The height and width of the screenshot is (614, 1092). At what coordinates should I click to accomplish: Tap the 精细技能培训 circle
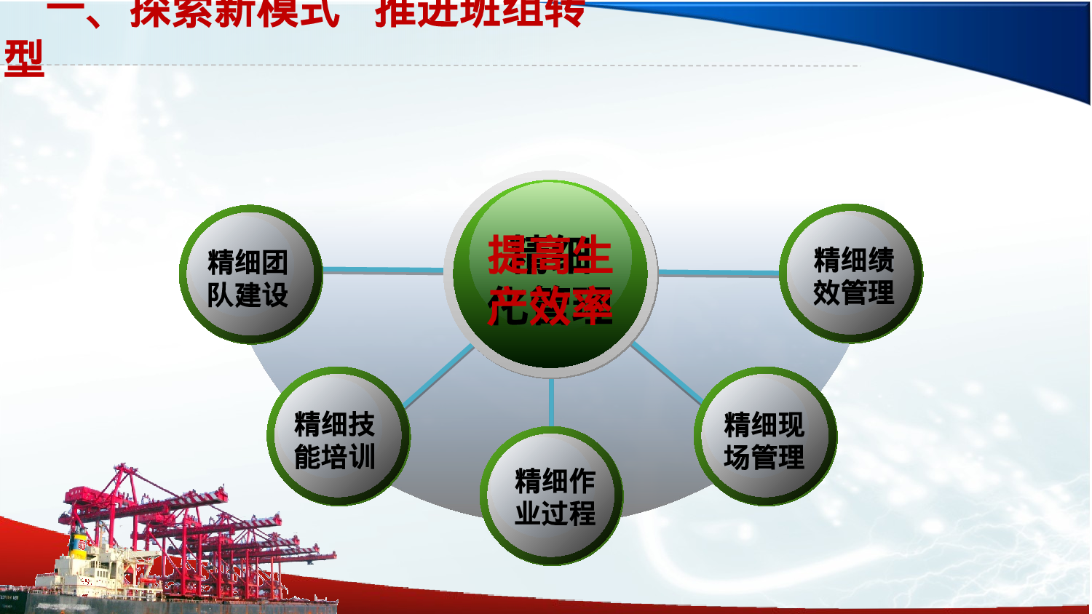tap(337, 436)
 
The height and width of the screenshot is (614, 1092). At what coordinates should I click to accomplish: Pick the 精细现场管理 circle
tap(764, 436)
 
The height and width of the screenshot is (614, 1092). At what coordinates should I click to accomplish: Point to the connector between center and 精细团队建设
tap(383, 271)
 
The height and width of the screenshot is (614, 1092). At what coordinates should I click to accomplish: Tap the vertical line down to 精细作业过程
tap(551, 402)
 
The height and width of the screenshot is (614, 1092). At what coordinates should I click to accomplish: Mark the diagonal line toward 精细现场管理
tap(666, 372)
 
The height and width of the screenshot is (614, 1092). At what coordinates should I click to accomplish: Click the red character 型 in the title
tap(24, 58)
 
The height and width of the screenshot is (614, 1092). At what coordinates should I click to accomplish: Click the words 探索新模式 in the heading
tap(234, 13)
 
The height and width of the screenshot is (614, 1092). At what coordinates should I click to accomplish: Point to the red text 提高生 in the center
tap(550, 255)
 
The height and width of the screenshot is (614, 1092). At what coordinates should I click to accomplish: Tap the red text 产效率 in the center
tap(550, 306)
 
